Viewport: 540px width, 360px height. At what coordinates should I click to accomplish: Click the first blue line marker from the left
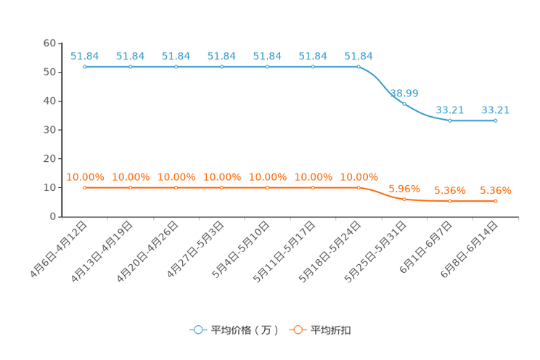pos(85,67)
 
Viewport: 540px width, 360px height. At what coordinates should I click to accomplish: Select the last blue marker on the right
pos(496,120)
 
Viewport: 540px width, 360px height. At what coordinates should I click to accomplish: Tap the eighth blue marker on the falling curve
pos(404,104)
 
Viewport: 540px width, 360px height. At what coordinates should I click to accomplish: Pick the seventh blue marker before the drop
pos(359,67)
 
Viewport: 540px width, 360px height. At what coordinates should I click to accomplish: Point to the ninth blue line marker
pos(450,120)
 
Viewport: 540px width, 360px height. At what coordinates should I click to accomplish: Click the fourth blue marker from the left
pos(221,67)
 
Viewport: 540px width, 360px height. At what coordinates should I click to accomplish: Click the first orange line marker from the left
pos(85,188)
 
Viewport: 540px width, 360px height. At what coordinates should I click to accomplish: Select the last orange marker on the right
pos(496,201)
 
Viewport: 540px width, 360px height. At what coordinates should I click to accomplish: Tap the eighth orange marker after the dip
pos(404,199)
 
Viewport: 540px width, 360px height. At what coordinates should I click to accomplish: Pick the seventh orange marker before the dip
pos(359,188)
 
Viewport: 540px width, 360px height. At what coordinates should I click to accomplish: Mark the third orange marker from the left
pos(176,188)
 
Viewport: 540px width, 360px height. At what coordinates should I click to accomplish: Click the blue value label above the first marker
pos(85,55)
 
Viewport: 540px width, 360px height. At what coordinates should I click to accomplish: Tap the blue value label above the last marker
pos(496,110)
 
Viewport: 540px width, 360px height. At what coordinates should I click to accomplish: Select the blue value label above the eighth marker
pos(404,93)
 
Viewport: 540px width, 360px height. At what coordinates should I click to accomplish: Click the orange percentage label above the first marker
pos(85,176)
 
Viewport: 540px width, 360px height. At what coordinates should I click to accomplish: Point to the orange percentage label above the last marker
pos(496,191)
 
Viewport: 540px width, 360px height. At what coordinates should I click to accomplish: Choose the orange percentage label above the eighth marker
pos(404,189)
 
